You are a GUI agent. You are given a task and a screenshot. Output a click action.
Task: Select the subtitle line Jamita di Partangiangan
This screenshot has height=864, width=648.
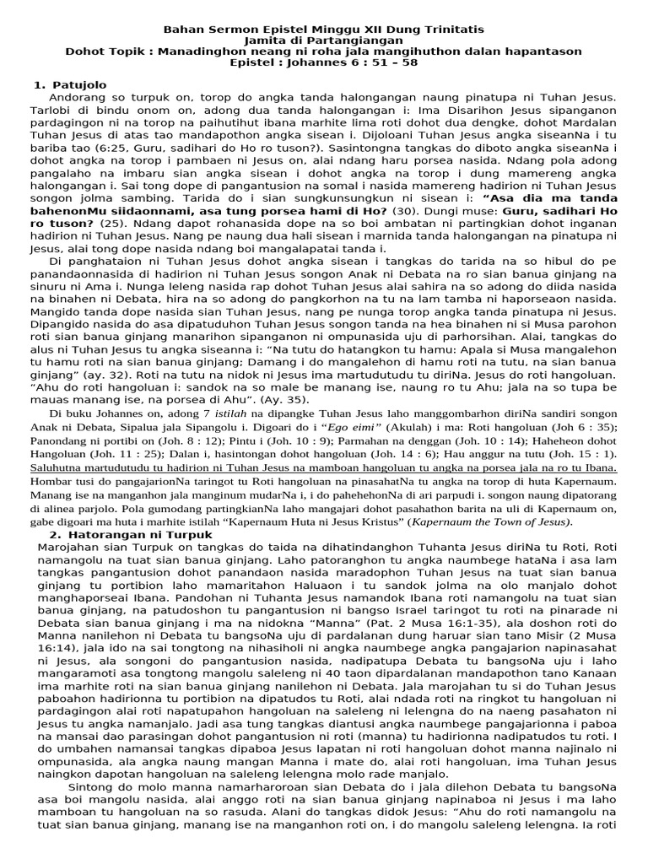pos(323,40)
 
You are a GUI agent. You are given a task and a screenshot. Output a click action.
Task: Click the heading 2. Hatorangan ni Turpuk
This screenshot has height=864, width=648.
pos(130,536)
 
